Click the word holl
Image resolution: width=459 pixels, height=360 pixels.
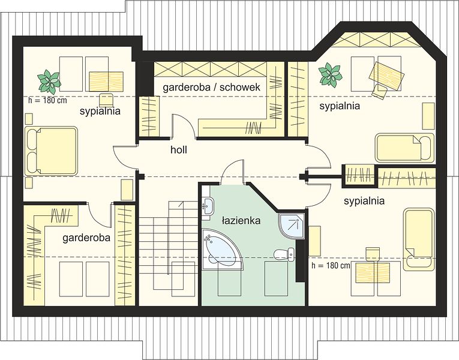(x=179, y=150)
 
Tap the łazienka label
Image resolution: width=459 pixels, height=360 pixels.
(x=241, y=220)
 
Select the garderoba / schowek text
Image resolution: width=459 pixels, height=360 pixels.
(x=211, y=87)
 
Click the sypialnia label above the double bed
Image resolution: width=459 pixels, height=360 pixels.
(x=100, y=111)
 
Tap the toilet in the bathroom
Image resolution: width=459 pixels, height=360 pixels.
(x=284, y=254)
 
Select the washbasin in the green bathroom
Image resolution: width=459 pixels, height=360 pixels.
(x=208, y=206)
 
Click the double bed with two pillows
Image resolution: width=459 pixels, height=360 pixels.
(x=51, y=151)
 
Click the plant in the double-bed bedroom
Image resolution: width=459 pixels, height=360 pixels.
(x=49, y=80)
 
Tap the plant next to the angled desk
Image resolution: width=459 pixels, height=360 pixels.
(x=330, y=73)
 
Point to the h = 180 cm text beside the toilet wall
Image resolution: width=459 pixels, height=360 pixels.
(x=331, y=265)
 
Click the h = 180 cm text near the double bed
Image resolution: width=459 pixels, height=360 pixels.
(x=48, y=100)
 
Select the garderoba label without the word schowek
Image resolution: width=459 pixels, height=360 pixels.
(x=86, y=238)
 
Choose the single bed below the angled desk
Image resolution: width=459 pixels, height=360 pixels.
(x=404, y=148)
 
